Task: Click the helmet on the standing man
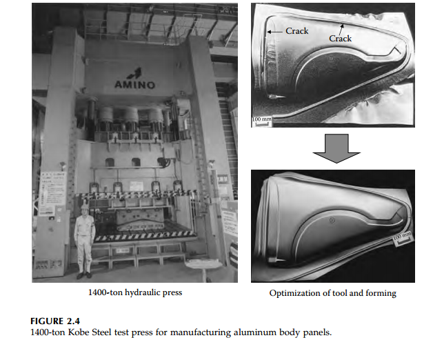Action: point(84,207)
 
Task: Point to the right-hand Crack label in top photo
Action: point(340,39)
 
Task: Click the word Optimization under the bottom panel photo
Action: point(294,293)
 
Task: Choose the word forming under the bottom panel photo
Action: point(381,293)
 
